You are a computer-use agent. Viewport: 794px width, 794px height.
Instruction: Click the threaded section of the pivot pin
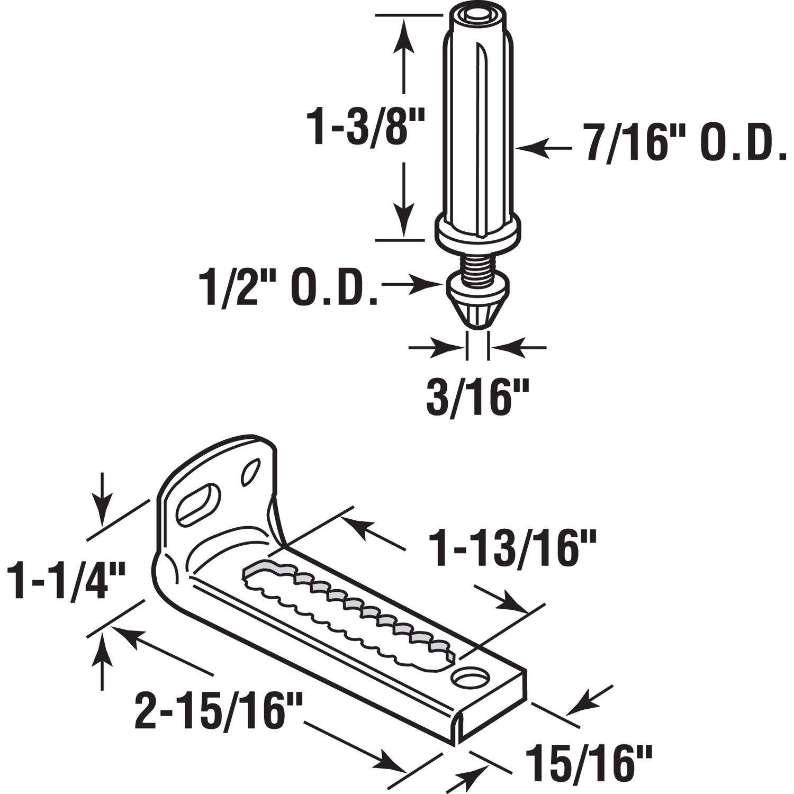[x=477, y=259]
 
